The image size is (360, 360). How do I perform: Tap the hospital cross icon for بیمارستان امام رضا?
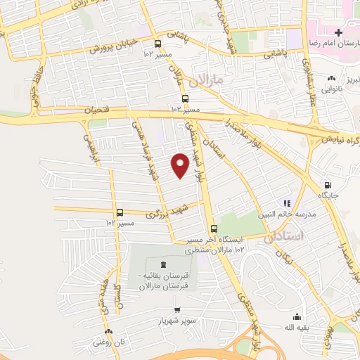[339, 32]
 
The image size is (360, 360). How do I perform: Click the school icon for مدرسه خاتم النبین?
[286, 200]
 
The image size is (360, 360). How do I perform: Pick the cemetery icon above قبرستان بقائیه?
[163, 264]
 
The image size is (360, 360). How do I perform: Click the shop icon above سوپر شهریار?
[178, 309]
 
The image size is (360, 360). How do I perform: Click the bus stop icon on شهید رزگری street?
[120, 212]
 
